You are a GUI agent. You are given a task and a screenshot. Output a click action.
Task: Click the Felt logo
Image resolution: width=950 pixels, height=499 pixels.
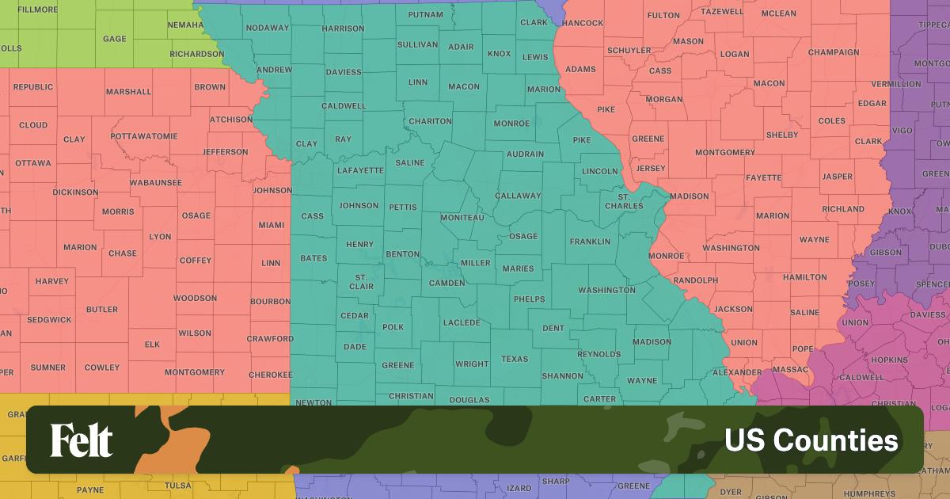pyautogui.click(x=82, y=440)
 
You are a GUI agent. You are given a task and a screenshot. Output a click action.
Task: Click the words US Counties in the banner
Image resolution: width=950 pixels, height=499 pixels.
pyautogui.click(x=811, y=440)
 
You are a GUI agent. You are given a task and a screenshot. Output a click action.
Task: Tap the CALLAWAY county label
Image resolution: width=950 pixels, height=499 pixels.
pyautogui.click(x=518, y=196)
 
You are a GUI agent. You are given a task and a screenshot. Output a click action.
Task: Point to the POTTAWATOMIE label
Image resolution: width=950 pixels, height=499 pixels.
pyautogui.click(x=144, y=136)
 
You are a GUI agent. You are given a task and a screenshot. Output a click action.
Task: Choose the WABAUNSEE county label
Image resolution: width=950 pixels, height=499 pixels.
pyautogui.click(x=156, y=183)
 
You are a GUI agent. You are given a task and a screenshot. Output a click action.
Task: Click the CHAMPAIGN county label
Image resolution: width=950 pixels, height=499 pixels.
pyautogui.click(x=834, y=52)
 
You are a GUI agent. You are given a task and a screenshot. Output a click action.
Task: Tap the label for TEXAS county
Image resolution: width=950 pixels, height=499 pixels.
pyautogui.click(x=515, y=359)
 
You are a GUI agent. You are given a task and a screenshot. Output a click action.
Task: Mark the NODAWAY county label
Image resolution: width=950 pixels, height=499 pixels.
pyautogui.click(x=268, y=28)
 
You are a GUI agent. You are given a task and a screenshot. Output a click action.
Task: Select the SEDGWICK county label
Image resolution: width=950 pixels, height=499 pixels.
pyautogui.click(x=49, y=320)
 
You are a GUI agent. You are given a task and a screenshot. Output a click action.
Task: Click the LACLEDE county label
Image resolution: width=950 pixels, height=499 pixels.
pyautogui.click(x=462, y=322)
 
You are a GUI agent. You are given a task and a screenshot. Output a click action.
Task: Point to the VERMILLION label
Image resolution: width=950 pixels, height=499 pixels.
pyautogui.click(x=895, y=83)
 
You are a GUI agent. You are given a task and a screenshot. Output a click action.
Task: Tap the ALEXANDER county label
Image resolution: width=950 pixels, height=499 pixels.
pyautogui.click(x=737, y=371)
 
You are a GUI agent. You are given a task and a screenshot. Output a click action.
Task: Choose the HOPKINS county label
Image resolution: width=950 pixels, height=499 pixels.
pyautogui.click(x=889, y=360)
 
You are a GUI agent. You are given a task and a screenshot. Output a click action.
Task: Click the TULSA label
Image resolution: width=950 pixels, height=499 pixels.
pyautogui.click(x=178, y=486)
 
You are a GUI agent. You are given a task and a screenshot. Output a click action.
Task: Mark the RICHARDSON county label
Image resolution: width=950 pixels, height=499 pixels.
pyautogui.click(x=197, y=54)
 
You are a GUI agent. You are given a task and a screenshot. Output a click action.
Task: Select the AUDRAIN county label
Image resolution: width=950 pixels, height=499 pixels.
pyautogui.click(x=525, y=154)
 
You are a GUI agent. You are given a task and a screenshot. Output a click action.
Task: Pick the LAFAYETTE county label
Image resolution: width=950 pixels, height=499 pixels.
pyautogui.click(x=360, y=170)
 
